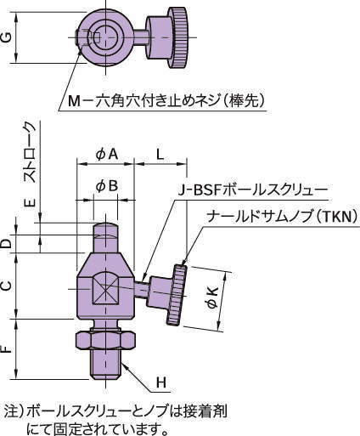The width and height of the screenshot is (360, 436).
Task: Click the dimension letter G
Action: (x=7, y=37)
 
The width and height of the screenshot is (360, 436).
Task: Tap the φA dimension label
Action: (x=106, y=155)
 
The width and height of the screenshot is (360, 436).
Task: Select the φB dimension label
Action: (x=107, y=186)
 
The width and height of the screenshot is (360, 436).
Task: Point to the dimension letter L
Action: (x=160, y=155)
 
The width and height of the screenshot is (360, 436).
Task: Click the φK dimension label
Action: (x=212, y=297)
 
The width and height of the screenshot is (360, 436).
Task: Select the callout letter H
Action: (x=161, y=382)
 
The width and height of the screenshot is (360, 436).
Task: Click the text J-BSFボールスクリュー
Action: (x=252, y=190)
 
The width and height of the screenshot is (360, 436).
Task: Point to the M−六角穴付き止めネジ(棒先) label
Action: (x=167, y=100)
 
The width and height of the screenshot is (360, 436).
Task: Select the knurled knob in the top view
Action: (x=178, y=37)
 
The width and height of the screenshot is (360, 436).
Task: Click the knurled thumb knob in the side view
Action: (x=176, y=295)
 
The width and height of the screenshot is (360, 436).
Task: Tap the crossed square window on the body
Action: (x=105, y=288)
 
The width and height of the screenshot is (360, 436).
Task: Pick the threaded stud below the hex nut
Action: (x=105, y=365)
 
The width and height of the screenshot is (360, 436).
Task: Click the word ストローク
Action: (x=31, y=153)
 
